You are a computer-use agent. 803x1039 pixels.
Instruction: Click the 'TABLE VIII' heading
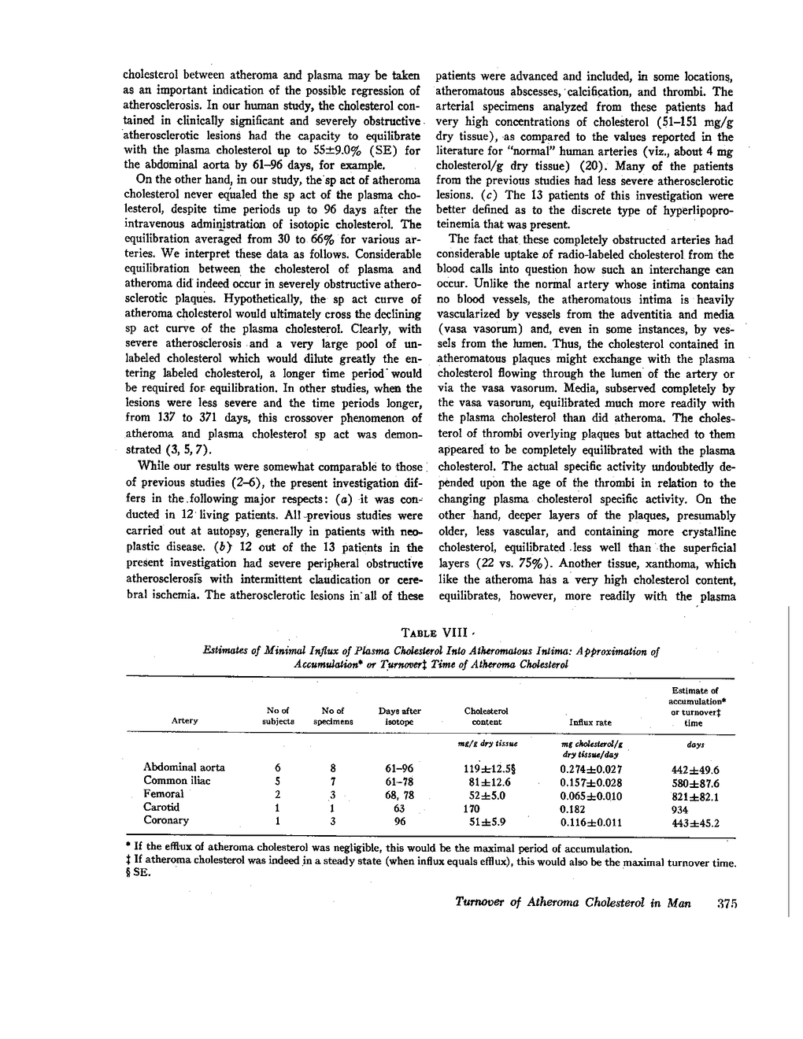(435, 633)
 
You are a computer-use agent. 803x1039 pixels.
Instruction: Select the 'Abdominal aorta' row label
(184, 767)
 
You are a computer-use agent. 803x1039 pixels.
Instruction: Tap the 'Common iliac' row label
(177, 781)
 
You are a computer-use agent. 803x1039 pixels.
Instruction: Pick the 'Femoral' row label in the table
(164, 794)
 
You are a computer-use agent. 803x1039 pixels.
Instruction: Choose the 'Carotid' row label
(161, 807)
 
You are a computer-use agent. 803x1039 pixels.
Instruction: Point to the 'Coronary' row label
(165, 820)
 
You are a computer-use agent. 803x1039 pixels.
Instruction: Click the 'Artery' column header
(183, 720)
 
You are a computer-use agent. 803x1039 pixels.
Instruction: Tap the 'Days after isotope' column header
(400, 715)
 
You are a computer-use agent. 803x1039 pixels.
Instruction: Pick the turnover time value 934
(679, 810)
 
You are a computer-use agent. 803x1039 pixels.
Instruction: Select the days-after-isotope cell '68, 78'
(398, 795)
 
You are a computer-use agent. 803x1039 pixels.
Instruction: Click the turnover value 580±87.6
(691, 783)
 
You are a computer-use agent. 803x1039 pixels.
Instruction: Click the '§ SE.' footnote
(137, 874)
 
